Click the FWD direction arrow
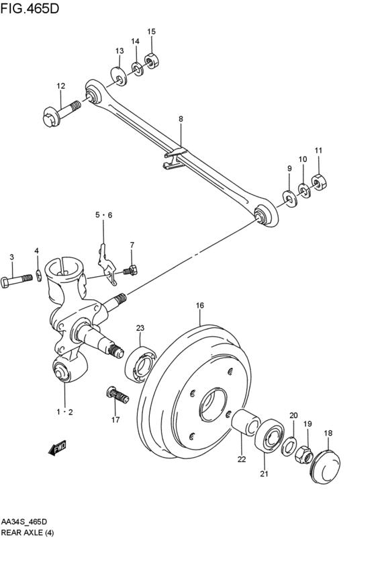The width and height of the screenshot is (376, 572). click(57, 448)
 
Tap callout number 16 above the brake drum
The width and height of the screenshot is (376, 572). click(199, 305)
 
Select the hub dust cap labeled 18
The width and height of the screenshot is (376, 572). click(326, 467)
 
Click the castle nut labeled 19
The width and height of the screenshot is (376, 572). click(304, 454)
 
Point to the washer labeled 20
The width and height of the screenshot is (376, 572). click(289, 446)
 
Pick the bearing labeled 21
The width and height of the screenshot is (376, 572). click(270, 436)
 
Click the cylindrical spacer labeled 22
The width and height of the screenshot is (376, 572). click(246, 423)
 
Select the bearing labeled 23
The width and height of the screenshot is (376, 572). click(140, 365)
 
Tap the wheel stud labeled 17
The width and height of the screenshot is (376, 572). click(117, 395)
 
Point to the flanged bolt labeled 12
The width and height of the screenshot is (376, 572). click(62, 112)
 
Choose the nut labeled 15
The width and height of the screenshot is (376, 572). click(151, 60)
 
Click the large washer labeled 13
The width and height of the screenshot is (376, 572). click(119, 76)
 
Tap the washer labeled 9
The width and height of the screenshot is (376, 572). click(290, 198)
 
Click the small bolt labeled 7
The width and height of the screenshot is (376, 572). click(130, 271)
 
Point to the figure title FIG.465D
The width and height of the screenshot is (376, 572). click(30, 9)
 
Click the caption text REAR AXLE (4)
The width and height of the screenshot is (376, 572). click(28, 532)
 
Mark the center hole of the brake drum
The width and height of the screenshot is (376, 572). click(213, 404)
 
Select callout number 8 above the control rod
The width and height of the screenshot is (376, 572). click(181, 119)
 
